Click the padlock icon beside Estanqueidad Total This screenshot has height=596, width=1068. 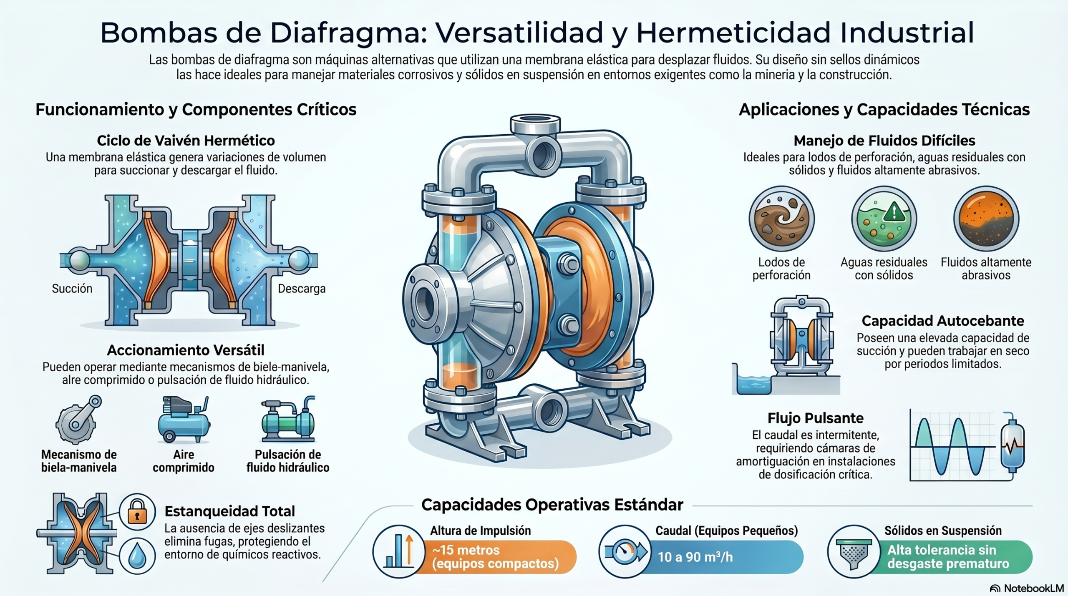pos(137,512)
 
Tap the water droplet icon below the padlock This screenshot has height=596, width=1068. pos(137,556)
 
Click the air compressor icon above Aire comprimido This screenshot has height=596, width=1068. pos(184,419)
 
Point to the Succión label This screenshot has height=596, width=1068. pos(72,289)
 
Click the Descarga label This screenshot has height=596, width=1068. pos(302,289)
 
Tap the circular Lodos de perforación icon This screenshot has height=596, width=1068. pos(781,219)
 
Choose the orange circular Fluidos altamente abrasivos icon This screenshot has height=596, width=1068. pos(986,219)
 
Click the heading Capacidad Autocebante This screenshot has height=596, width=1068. pos(943,321)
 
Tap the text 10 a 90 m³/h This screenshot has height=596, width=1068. pos(695,557)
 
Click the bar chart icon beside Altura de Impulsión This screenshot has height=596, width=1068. pos(399,551)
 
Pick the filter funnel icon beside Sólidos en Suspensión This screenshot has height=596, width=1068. pos(854,551)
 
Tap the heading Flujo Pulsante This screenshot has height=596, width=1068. pos(816,418)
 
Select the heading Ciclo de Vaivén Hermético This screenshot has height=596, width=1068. pos(186,141)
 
